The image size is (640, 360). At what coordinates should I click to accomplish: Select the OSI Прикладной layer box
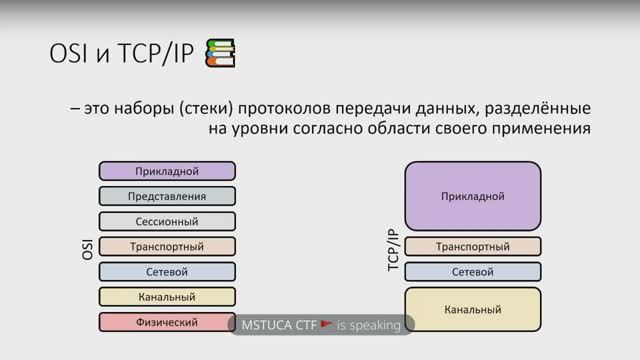click(x=167, y=171)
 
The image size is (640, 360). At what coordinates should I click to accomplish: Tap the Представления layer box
click(x=167, y=196)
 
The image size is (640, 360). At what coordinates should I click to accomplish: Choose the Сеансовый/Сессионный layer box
click(x=167, y=221)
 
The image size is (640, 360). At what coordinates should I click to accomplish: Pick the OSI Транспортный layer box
click(x=167, y=246)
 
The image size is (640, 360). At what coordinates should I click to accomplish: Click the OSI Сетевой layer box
click(x=167, y=271)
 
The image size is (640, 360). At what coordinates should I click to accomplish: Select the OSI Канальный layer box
click(x=167, y=297)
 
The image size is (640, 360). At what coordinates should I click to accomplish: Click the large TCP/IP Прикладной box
click(x=473, y=196)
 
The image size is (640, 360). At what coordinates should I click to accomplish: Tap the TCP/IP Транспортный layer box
click(x=473, y=246)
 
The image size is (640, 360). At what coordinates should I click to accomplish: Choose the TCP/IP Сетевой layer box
click(x=473, y=271)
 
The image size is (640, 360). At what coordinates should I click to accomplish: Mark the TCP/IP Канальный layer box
click(x=473, y=309)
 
